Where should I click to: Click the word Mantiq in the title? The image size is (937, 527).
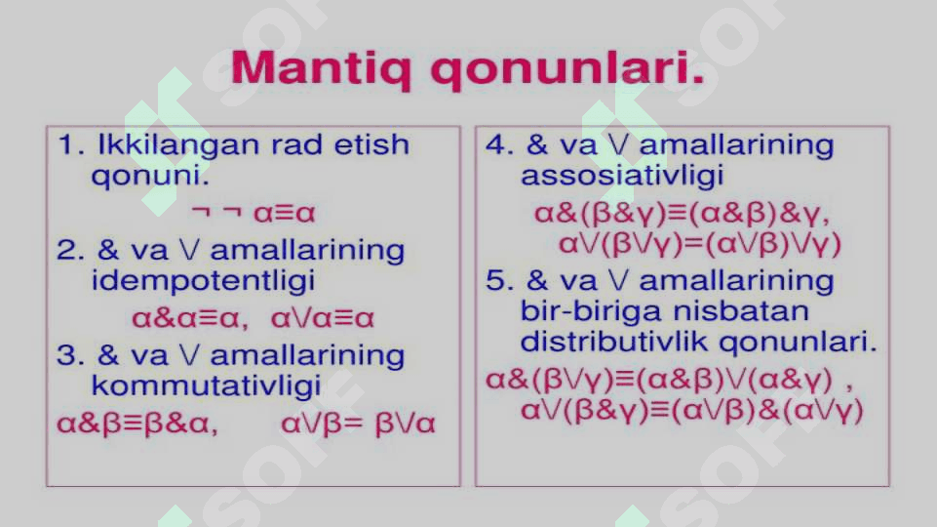click(322, 68)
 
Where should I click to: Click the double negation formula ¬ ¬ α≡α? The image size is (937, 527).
click(254, 213)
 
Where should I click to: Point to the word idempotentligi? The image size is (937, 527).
click(203, 281)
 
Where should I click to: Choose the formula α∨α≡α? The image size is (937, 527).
click(323, 318)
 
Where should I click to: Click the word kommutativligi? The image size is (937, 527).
click(206, 385)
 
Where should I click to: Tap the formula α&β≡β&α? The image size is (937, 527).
click(137, 424)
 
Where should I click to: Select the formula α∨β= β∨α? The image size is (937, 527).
click(358, 424)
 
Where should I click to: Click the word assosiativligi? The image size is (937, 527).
click(622, 176)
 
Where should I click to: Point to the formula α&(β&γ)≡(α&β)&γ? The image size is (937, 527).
click(682, 213)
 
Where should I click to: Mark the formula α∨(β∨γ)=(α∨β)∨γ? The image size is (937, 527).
click(700, 243)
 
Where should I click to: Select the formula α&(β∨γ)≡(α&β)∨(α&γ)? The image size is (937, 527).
click(669, 380)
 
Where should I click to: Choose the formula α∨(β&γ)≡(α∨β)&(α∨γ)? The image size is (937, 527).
click(692, 410)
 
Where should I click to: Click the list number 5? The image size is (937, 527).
click(497, 280)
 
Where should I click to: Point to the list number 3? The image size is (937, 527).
click(67, 355)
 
